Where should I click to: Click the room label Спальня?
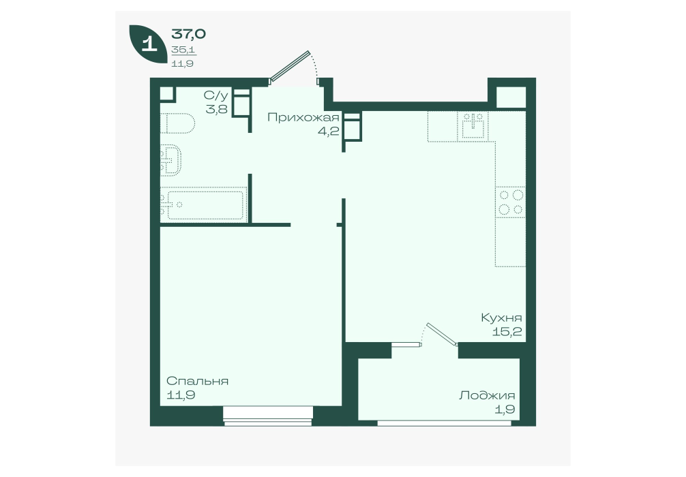click(x=197, y=381)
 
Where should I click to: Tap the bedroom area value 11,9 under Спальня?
click(x=181, y=395)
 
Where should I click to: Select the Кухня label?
click(x=501, y=318)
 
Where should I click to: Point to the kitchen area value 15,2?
click(x=507, y=331)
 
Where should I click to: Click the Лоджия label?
click(x=487, y=396)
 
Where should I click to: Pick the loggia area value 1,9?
click(x=506, y=410)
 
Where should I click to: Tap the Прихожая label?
click(x=303, y=117)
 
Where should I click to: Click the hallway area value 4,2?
click(x=329, y=131)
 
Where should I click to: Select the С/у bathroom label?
click(x=215, y=95)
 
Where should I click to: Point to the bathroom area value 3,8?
click(x=217, y=109)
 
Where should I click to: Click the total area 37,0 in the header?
click(x=189, y=33)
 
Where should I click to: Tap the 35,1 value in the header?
click(x=183, y=50)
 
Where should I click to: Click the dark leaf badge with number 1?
click(x=148, y=44)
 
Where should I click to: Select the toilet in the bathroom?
click(x=177, y=123)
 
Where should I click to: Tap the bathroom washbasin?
click(x=170, y=160)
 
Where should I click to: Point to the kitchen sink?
click(x=473, y=126)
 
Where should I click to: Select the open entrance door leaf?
click(x=290, y=67)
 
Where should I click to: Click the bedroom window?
click(x=268, y=416)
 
